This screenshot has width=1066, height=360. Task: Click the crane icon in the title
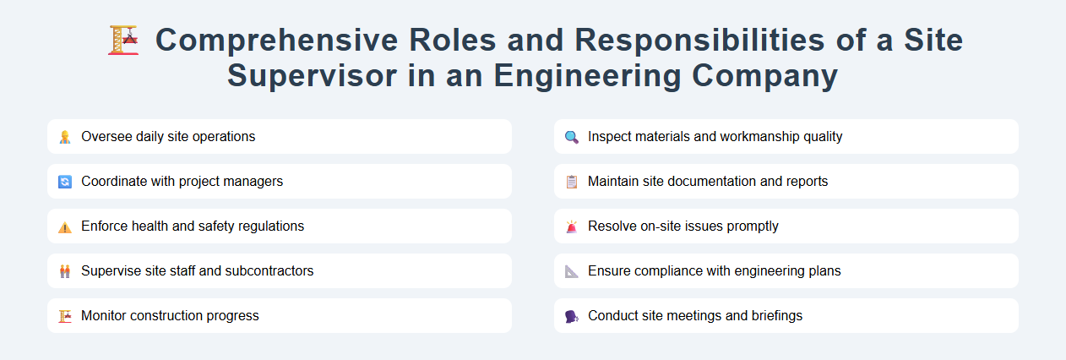pyautogui.click(x=124, y=40)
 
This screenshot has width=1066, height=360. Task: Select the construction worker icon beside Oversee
pyautogui.click(x=65, y=137)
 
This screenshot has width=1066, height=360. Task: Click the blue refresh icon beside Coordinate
pyautogui.click(x=65, y=182)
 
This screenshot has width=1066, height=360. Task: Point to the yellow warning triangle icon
pyautogui.click(x=65, y=226)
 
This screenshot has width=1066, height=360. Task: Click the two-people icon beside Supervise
pyautogui.click(x=65, y=271)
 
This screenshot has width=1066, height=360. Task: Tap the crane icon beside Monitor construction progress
pyautogui.click(x=65, y=316)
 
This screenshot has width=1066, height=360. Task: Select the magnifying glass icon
pyautogui.click(x=572, y=137)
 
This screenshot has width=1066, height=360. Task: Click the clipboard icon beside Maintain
pyautogui.click(x=572, y=182)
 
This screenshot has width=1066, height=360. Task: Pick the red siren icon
pyautogui.click(x=572, y=226)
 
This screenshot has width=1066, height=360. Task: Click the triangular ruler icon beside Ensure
pyautogui.click(x=572, y=271)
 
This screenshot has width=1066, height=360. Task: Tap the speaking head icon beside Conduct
pyautogui.click(x=572, y=316)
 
